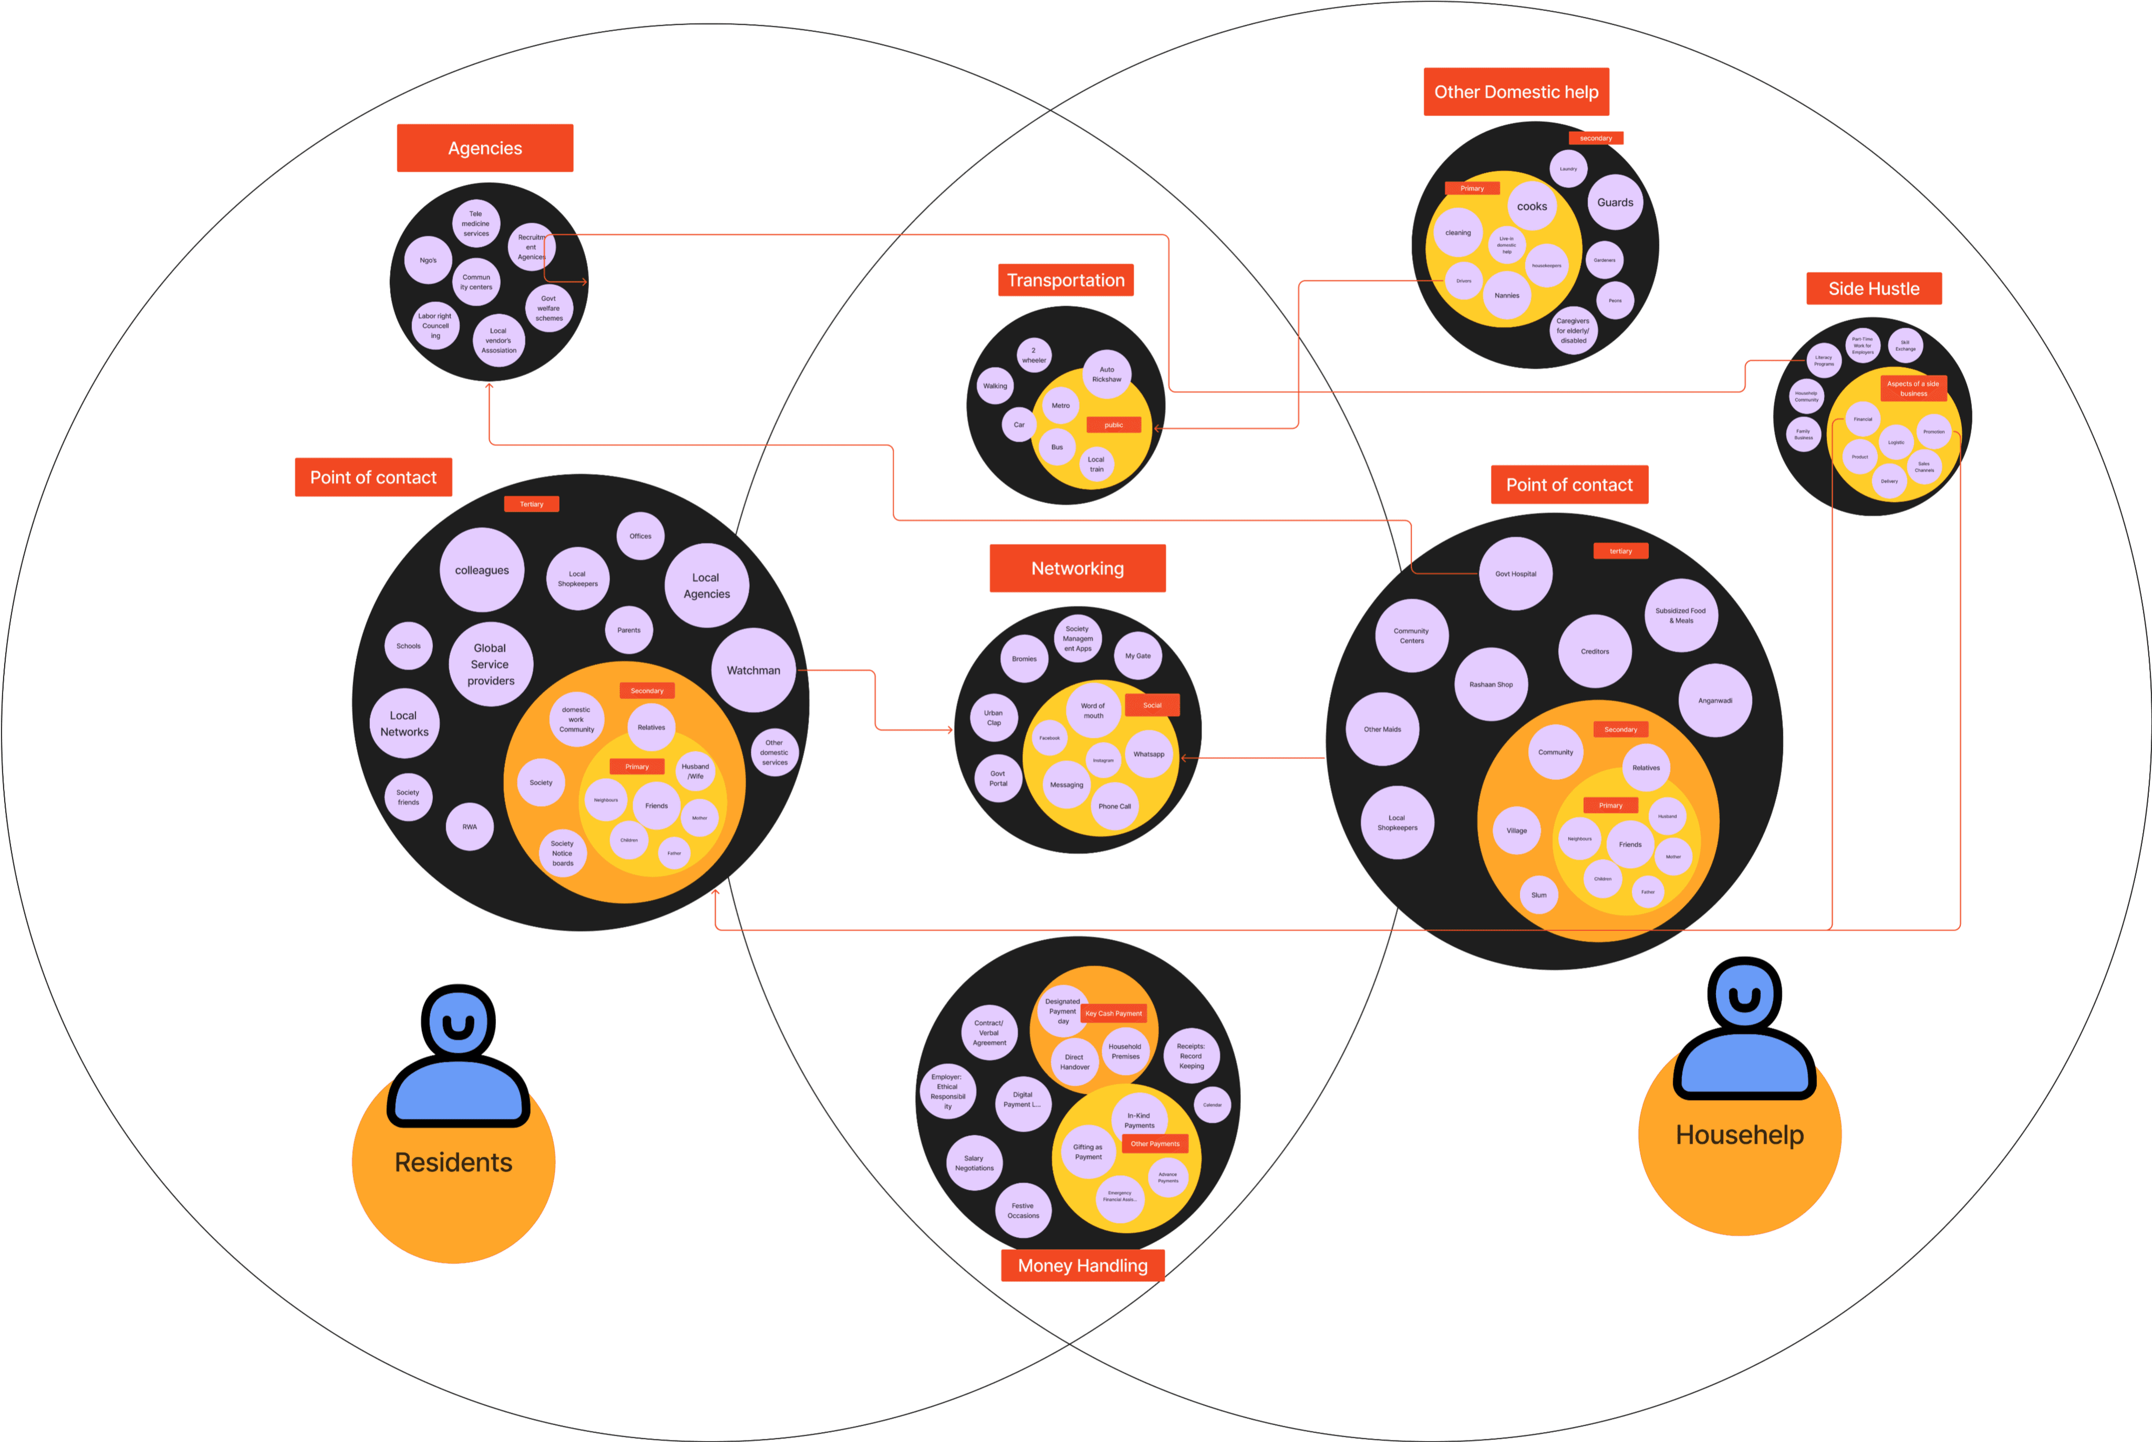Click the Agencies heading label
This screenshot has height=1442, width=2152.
pyautogui.click(x=484, y=148)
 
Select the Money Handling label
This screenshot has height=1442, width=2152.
pyautogui.click(x=1082, y=1265)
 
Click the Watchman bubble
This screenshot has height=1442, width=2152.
pyautogui.click(x=753, y=670)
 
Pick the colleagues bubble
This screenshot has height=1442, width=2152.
pyautogui.click(x=482, y=570)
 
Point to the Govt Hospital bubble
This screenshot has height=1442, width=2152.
pyautogui.click(x=1516, y=574)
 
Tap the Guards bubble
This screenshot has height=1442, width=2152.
pyautogui.click(x=1615, y=202)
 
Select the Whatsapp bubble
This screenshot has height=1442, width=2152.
pyautogui.click(x=1149, y=754)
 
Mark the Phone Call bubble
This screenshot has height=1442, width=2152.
pyautogui.click(x=1115, y=806)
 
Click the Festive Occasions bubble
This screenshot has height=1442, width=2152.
pyautogui.click(x=1022, y=1210)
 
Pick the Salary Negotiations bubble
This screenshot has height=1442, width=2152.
pyautogui.click(x=974, y=1164)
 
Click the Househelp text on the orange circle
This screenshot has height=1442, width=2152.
pyautogui.click(x=1739, y=1135)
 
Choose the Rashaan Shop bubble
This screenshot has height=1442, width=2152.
pyautogui.click(x=1491, y=684)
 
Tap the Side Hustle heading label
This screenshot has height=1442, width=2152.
pyautogui.click(x=1874, y=289)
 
